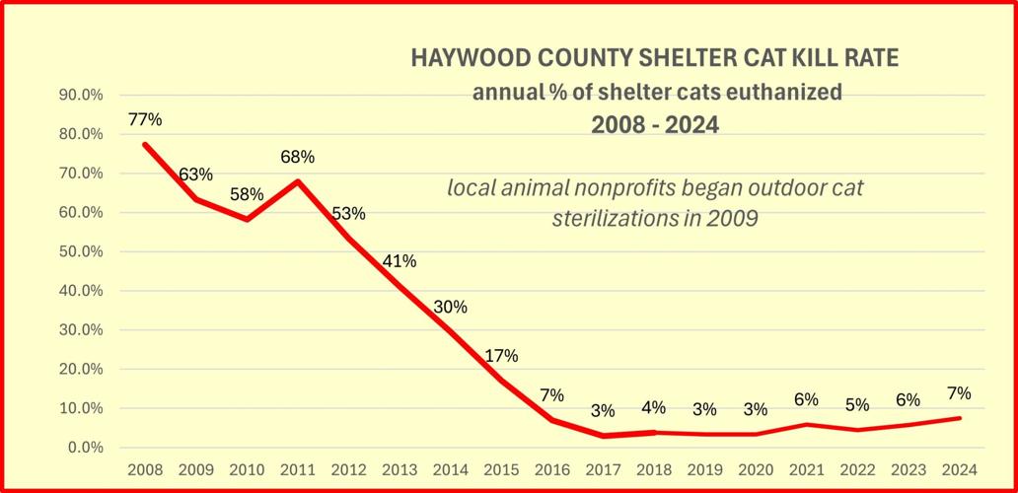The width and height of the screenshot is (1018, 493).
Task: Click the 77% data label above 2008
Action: point(145,120)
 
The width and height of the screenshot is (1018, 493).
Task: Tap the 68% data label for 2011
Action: point(297,157)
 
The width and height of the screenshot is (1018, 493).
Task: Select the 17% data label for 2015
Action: point(501,356)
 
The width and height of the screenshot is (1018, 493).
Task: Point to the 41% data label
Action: point(400,261)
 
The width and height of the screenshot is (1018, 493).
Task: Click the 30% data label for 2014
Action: point(450,307)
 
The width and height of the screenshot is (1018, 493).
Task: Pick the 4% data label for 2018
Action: point(653,406)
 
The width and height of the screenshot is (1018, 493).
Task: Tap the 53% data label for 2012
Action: point(348,213)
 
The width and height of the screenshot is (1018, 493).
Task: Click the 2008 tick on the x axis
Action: point(145,467)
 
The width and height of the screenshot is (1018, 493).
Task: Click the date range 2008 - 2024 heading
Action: point(655,126)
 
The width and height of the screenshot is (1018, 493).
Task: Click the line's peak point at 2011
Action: point(298,180)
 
